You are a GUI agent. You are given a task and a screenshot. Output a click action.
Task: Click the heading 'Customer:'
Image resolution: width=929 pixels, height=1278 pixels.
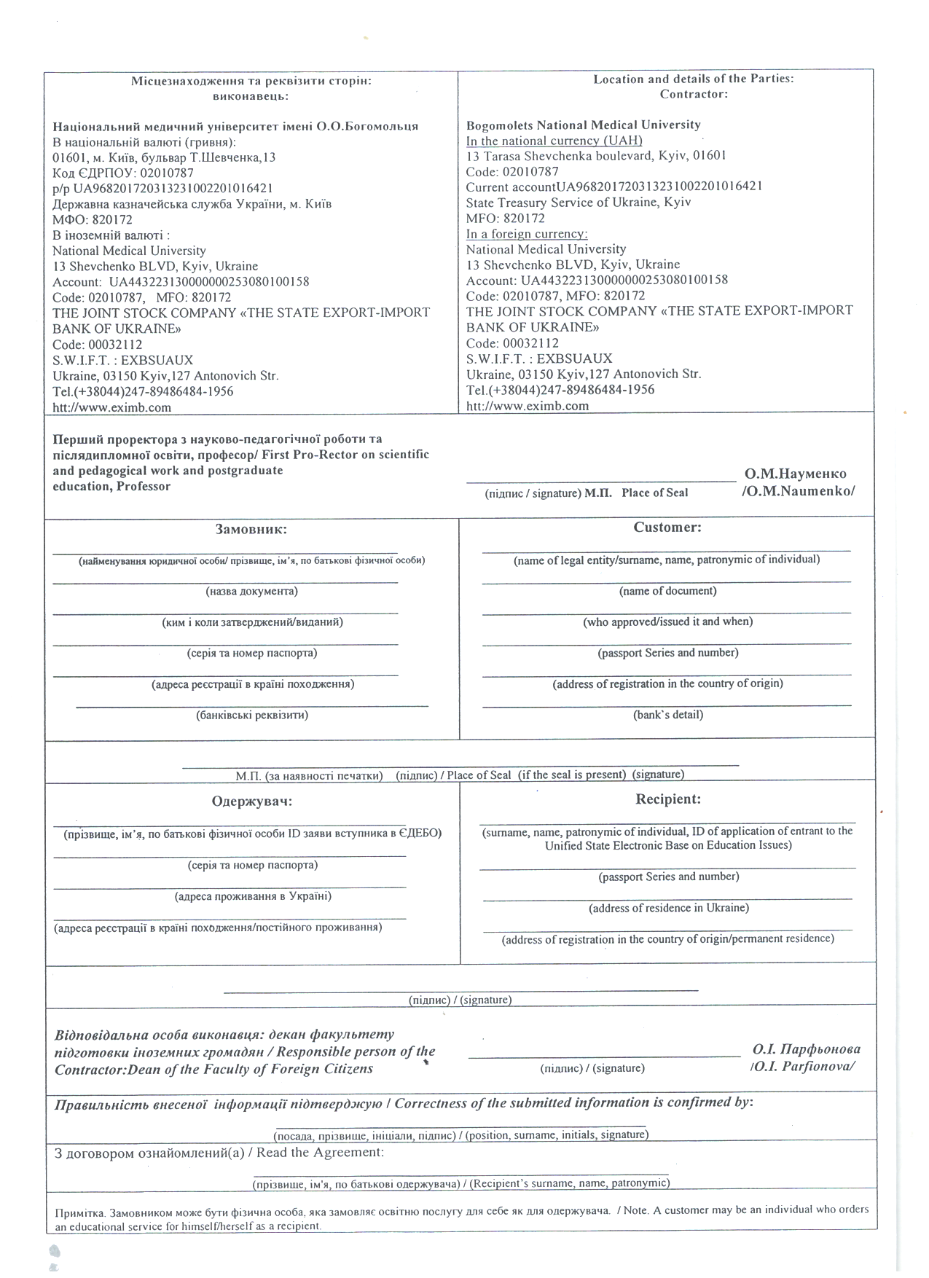tap(667, 527)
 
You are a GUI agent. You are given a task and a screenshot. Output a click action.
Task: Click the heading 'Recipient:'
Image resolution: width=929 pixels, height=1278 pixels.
tap(668, 799)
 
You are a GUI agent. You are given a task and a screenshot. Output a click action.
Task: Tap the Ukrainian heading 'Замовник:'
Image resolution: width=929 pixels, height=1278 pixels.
tap(251, 529)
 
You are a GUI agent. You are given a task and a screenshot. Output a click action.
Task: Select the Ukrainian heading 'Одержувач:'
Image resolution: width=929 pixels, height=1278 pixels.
tap(252, 801)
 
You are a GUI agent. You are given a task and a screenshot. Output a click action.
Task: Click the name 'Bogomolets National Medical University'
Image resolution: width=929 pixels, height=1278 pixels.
tap(583, 125)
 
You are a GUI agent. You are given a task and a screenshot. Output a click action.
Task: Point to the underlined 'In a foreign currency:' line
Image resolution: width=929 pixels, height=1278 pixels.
tap(527, 234)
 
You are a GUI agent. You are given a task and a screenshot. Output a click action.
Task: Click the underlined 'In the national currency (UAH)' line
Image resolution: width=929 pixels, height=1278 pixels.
tap(554, 141)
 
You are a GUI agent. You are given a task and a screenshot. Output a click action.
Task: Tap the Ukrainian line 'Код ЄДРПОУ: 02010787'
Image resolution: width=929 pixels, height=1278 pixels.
tap(123, 173)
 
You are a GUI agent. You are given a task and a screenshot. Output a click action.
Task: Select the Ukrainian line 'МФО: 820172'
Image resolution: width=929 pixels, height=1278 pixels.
tap(93, 219)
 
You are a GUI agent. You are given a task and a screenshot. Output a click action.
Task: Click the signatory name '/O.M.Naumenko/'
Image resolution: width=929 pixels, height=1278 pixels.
tap(798, 490)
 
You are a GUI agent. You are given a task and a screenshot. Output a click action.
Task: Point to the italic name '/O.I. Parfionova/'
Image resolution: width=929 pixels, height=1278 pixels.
tap(801, 1066)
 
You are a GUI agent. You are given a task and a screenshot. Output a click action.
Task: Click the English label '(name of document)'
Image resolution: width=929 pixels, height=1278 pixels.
tap(667, 591)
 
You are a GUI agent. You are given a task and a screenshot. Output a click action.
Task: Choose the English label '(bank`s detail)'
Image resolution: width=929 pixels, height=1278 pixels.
tap(667, 715)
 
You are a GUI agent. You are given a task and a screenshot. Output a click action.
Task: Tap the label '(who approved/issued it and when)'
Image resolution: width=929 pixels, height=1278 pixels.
tap(667, 622)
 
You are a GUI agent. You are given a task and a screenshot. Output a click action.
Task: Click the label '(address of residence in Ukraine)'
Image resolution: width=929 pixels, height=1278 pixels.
tap(668, 908)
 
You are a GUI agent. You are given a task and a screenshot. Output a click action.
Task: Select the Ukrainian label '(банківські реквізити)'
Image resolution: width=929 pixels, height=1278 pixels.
tap(252, 715)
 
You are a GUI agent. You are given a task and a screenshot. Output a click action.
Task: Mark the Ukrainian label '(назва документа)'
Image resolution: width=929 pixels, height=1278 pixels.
tap(252, 591)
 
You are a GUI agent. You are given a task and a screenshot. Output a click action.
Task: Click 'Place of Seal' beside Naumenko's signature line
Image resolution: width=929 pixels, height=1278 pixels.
tap(654, 493)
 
